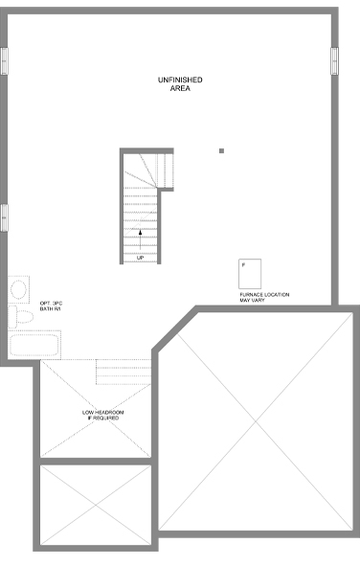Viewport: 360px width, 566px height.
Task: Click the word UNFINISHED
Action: click(x=180, y=79)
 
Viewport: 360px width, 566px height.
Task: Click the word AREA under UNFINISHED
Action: click(x=180, y=88)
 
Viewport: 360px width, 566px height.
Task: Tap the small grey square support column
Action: click(x=221, y=151)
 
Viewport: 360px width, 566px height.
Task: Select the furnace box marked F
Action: click(x=250, y=274)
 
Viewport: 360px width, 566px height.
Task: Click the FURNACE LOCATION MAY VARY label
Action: click(x=264, y=298)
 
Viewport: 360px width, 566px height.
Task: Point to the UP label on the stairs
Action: click(x=140, y=258)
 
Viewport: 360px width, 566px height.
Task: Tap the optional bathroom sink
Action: click(x=18, y=289)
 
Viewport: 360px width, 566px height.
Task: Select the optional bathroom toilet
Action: click(x=21, y=317)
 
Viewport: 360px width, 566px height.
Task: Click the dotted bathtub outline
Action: click(x=34, y=345)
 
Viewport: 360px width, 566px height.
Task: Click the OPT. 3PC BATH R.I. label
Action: click(x=51, y=306)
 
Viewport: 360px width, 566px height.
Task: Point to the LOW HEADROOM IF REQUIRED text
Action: click(x=102, y=415)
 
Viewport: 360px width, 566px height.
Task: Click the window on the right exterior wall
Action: click(x=335, y=61)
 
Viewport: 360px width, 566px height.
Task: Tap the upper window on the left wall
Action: click(x=4, y=61)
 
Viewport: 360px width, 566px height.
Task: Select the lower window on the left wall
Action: click(x=4, y=218)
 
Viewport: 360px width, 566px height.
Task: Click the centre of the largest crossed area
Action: click(x=256, y=421)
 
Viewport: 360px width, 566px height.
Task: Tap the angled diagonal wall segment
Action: click(x=174, y=328)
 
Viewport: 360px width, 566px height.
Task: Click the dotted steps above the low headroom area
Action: click(x=124, y=372)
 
